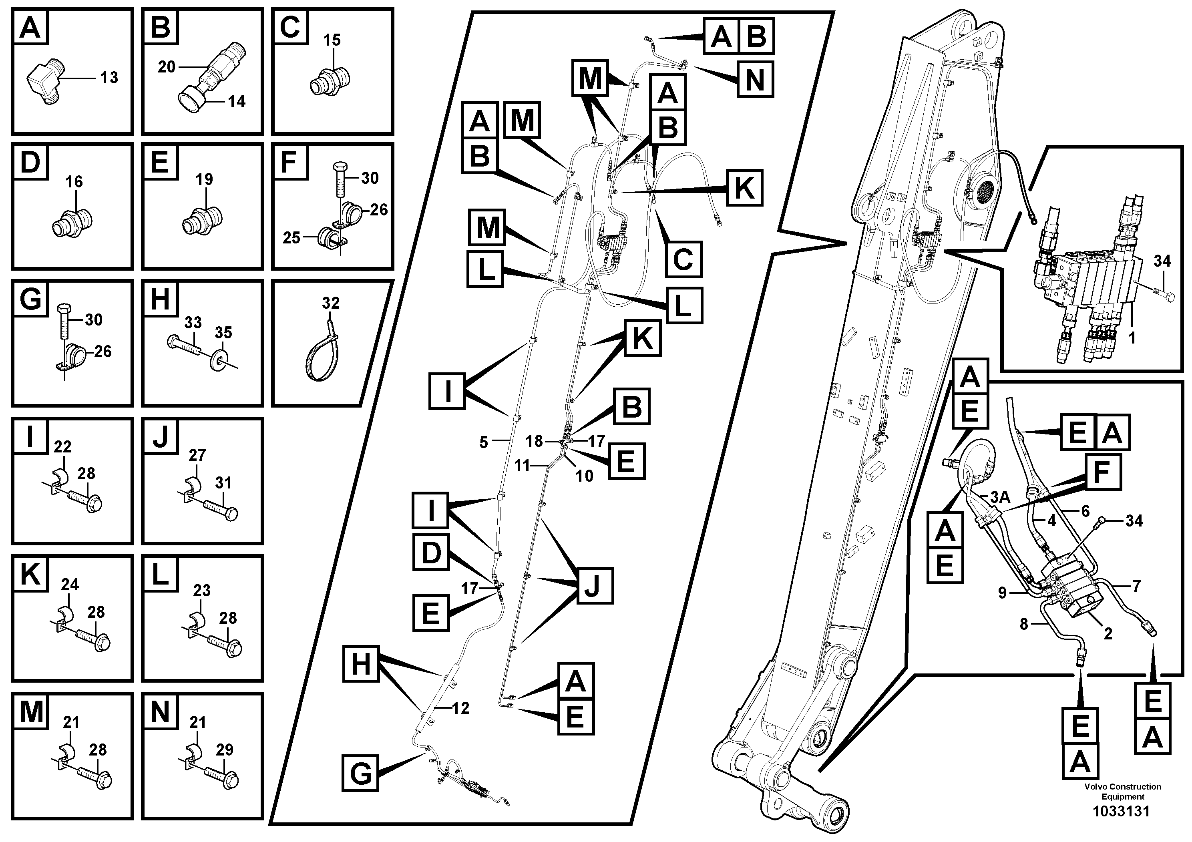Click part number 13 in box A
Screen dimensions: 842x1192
(x=109, y=78)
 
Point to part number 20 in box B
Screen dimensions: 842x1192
(x=166, y=67)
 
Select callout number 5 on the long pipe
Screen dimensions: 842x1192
(x=483, y=442)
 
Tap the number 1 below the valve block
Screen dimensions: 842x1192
(x=1132, y=338)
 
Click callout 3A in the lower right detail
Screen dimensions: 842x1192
(x=1000, y=497)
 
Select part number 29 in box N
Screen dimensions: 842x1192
(x=224, y=750)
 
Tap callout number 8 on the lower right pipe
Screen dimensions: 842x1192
(x=1023, y=624)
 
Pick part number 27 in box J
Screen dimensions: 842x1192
(x=197, y=455)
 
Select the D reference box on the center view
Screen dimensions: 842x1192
(x=431, y=553)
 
